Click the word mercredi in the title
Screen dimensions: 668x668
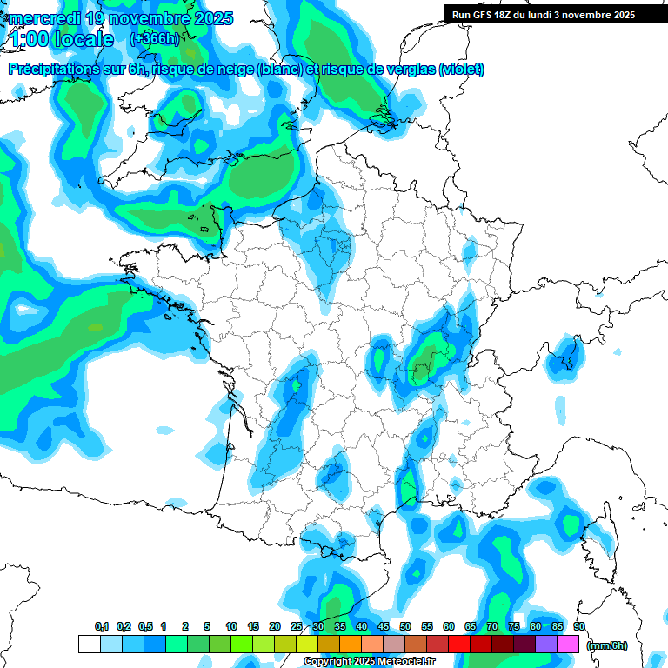(43, 18)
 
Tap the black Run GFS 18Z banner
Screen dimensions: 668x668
(544, 15)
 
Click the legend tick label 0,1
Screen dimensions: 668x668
(101, 626)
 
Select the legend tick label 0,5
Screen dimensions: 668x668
(144, 626)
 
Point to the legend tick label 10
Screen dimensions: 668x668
(230, 626)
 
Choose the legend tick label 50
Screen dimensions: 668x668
(404, 626)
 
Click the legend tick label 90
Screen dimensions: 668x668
(578, 626)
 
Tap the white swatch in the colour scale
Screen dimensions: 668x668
(89, 644)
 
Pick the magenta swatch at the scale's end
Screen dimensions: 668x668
(567, 644)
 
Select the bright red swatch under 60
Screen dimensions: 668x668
(458, 644)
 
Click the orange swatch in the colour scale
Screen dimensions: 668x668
(350, 644)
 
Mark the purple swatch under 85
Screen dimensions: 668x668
(545, 644)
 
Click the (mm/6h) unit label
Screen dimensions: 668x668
(607, 645)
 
